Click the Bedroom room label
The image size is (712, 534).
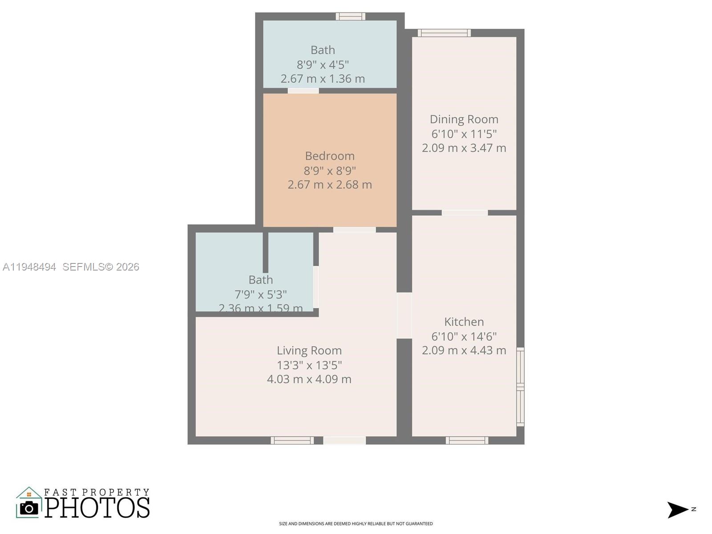(x=330, y=156)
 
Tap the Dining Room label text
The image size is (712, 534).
(x=464, y=119)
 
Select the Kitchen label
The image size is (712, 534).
(x=464, y=322)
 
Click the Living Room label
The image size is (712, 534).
(x=309, y=351)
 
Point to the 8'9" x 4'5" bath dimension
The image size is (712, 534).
(x=323, y=65)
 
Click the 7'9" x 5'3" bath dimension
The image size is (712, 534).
(x=260, y=294)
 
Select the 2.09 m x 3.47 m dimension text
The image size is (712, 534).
(x=464, y=148)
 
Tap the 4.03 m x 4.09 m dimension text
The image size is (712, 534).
(x=309, y=379)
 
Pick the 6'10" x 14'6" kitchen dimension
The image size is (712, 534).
(x=464, y=336)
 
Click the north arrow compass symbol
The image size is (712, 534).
(x=678, y=510)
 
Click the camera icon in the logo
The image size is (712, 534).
(x=29, y=508)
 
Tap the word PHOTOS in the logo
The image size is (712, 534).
(x=97, y=508)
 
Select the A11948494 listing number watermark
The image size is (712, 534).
(x=29, y=267)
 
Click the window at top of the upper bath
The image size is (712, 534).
(x=350, y=16)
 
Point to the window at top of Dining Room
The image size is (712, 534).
(x=444, y=33)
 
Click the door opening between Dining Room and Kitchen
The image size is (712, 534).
(x=465, y=213)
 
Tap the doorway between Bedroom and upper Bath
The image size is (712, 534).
(x=303, y=91)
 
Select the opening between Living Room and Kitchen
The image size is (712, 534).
(x=404, y=315)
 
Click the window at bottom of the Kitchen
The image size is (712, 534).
(x=467, y=440)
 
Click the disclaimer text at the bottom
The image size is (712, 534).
(x=356, y=524)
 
